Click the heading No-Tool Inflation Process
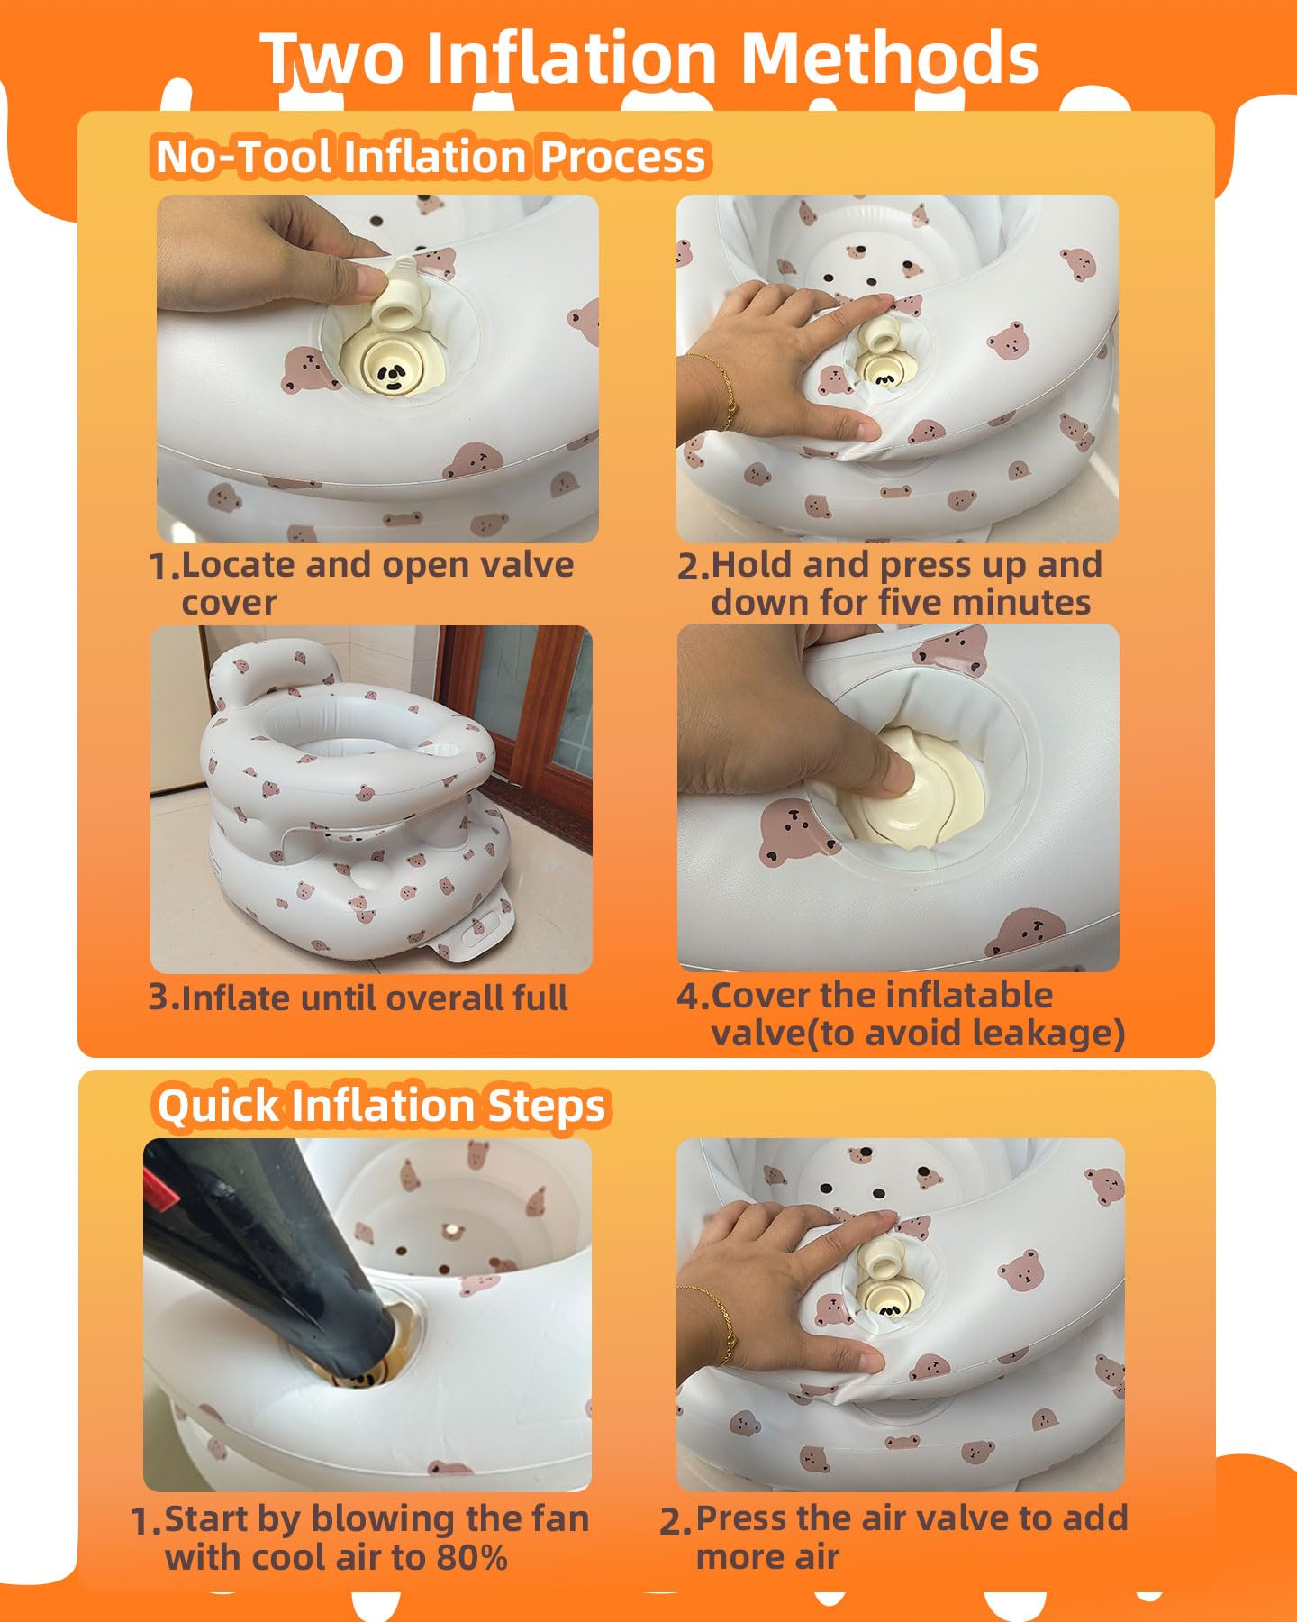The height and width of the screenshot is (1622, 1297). (431, 156)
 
